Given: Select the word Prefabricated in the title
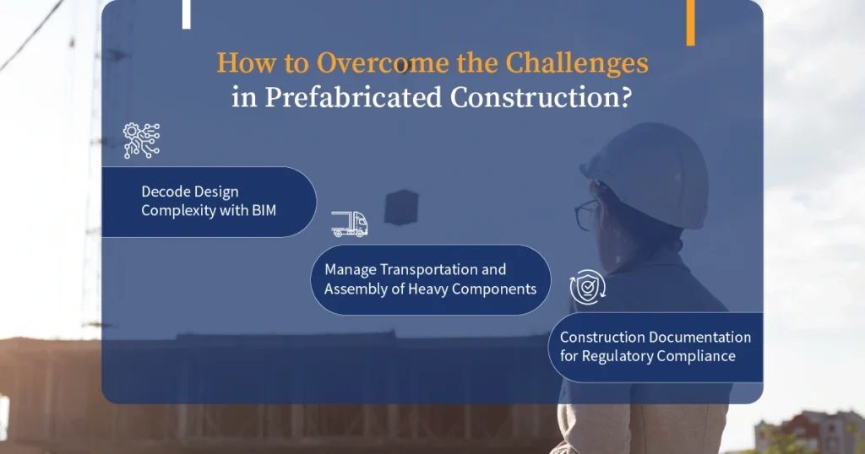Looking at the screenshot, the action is [354, 98].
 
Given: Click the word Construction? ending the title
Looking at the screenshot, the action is [541, 98].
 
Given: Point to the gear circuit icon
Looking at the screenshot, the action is [142, 140].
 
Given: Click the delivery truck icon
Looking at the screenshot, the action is [349, 224].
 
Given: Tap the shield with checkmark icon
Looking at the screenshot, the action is [588, 287].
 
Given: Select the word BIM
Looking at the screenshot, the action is [264, 210].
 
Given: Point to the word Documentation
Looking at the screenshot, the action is [700, 338].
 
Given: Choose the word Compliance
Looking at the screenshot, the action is [696, 356].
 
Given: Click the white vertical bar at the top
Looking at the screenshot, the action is [187, 14].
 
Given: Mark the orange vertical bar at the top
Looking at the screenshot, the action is [691, 23].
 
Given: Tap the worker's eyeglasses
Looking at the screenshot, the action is [587, 213].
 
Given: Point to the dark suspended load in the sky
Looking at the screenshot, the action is [401, 207].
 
